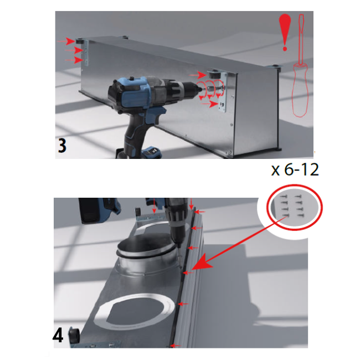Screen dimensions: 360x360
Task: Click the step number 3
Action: (62, 146)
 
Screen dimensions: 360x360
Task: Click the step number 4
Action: (58, 336)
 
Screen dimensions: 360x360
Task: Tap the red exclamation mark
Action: (285, 32)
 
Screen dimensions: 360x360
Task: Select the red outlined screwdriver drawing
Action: (300, 66)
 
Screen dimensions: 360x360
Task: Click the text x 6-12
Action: (295, 170)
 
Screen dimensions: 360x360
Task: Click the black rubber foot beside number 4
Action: (74, 336)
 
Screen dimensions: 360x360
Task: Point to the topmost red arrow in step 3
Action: (65, 42)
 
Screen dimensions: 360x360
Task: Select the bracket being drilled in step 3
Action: (222, 92)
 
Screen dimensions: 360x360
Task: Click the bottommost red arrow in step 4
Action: (176, 346)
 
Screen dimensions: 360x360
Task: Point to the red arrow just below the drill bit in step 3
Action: (210, 104)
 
